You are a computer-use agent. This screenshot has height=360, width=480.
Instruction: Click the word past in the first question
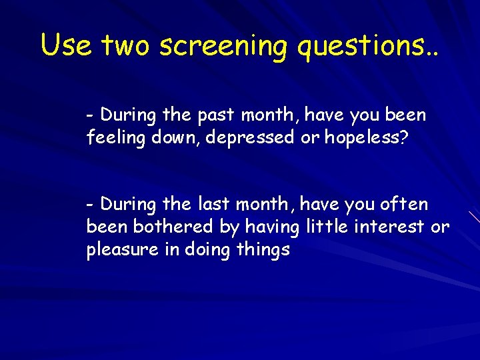215,115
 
